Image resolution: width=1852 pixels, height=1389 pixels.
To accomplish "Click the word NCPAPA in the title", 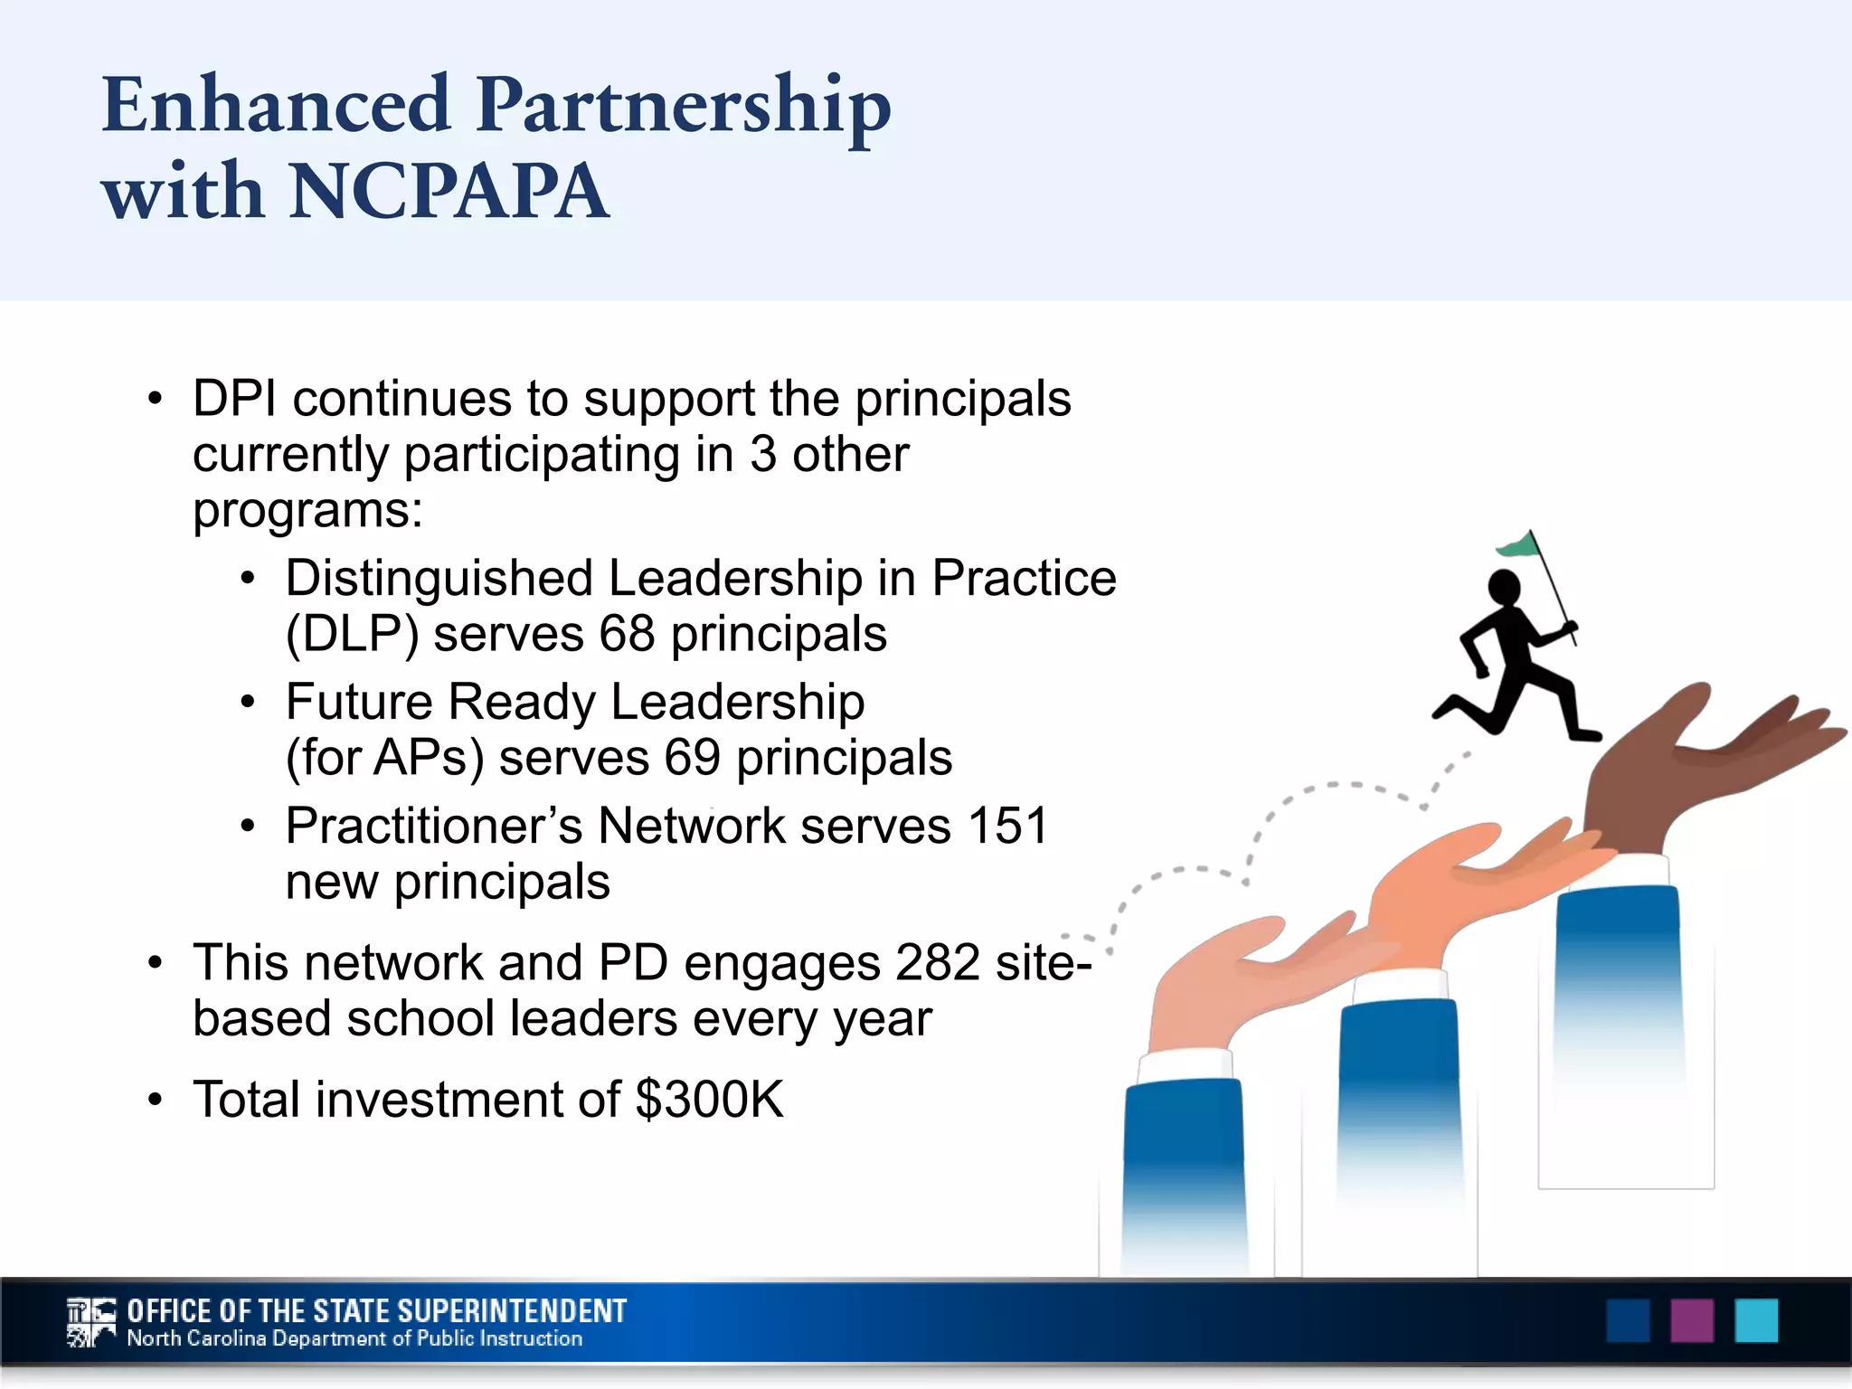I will pyautogui.click(x=449, y=192).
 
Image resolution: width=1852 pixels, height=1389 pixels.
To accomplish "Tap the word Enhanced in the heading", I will pyautogui.click(x=276, y=105).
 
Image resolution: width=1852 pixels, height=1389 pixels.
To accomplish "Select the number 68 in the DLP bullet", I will pyautogui.click(x=627, y=634).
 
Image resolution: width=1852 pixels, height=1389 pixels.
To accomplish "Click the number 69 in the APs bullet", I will pyautogui.click(x=692, y=758).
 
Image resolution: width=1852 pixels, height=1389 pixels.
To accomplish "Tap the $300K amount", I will pyautogui.click(x=710, y=1101).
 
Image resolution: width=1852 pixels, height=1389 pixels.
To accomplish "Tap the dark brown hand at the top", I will pyautogui.click(x=1682, y=769).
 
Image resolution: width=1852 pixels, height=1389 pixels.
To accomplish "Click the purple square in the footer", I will pyautogui.click(x=1692, y=1321).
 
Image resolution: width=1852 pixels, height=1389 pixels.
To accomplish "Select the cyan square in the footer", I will pyautogui.click(x=1756, y=1321).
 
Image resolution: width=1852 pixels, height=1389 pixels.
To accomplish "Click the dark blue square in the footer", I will pyautogui.click(x=1628, y=1321).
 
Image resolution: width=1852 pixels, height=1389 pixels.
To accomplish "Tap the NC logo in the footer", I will pyautogui.click(x=91, y=1323).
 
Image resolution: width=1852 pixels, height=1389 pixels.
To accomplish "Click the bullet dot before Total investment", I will pyautogui.click(x=156, y=1101).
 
